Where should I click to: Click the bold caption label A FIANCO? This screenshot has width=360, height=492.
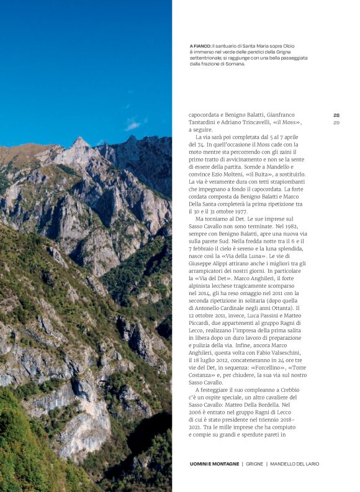200,46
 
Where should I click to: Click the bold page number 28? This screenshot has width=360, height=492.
336,115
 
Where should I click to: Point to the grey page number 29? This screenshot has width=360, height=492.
336,122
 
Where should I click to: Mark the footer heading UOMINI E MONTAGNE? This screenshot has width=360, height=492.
215,464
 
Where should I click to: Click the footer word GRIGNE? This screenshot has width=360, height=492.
254,464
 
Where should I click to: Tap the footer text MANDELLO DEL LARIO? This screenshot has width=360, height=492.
294,464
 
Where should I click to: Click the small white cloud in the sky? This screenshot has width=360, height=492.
132,125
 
